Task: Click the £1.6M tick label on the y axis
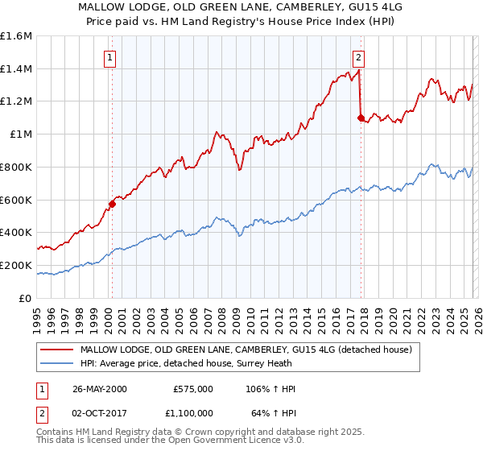16,36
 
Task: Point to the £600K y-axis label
16,200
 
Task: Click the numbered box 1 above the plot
109,57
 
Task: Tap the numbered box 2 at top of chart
358,57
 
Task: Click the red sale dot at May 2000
112,204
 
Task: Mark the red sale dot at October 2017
361,118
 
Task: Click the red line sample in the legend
56,350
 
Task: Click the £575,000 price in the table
192,389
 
